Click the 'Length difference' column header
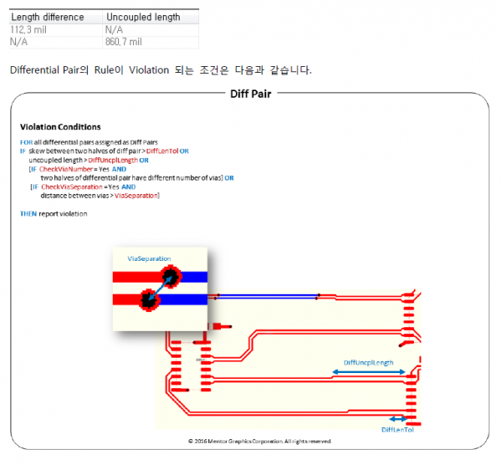48,17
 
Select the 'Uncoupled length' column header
142,17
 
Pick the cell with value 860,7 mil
124,41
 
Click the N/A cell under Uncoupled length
115,29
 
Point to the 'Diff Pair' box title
250,94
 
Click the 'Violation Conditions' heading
60,127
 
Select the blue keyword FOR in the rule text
26,142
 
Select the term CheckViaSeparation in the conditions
74,186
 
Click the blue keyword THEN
28,214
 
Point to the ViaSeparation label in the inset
148,258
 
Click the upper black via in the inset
172,277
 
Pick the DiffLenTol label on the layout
397,429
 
